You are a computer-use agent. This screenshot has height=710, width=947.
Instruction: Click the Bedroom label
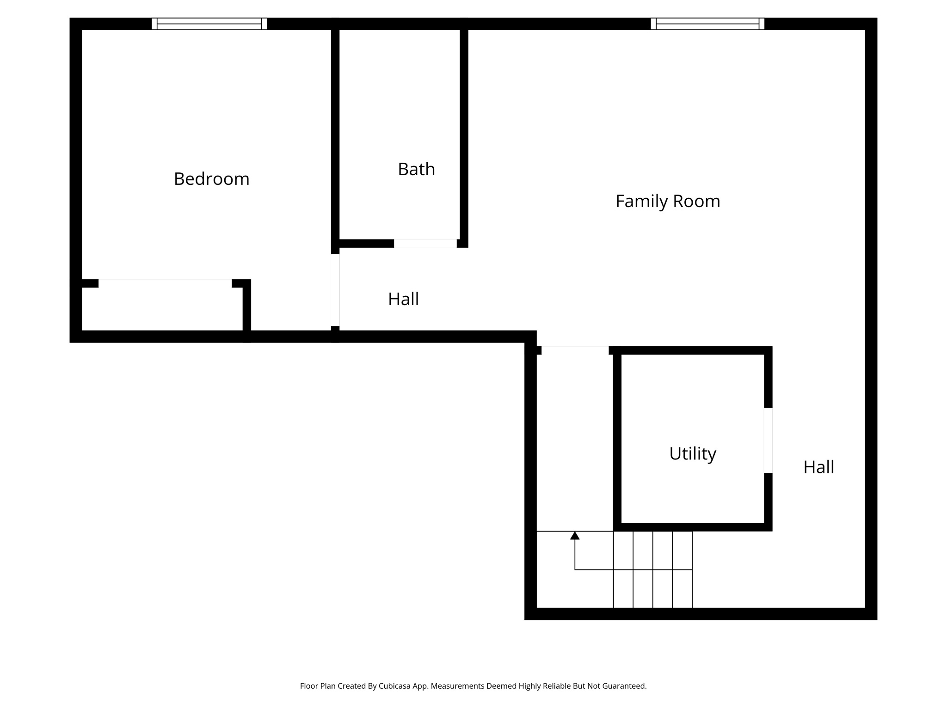pyautogui.click(x=211, y=179)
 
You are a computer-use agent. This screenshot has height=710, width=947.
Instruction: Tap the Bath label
pyautogui.click(x=416, y=169)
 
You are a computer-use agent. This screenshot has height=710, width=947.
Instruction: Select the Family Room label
pyautogui.click(x=667, y=201)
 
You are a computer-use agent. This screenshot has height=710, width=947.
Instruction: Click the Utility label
pyautogui.click(x=692, y=453)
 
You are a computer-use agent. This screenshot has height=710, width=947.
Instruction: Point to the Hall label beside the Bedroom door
pyautogui.click(x=403, y=299)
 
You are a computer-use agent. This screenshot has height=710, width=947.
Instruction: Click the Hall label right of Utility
pyautogui.click(x=818, y=467)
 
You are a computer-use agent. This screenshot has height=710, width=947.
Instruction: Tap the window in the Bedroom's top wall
pyautogui.click(x=209, y=24)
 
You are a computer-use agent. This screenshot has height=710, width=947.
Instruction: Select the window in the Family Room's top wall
pyautogui.click(x=707, y=24)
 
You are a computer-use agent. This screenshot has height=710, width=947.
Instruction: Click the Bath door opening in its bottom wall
pyautogui.click(x=425, y=244)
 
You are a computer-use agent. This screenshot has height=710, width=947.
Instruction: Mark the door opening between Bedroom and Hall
pyautogui.click(x=335, y=290)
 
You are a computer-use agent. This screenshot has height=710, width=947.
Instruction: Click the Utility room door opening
pyautogui.click(x=768, y=440)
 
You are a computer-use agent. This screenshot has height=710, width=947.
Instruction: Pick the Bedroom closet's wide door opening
pyautogui.click(x=165, y=283)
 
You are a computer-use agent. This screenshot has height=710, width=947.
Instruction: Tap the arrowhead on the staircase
pyautogui.click(x=575, y=536)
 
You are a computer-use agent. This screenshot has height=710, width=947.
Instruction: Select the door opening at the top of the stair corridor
pyautogui.click(x=575, y=350)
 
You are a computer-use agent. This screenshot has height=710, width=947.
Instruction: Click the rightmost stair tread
pyautogui.click(x=682, y=569)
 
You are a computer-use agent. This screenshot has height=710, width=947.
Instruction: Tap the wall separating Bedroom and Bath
pyautogui.click(x=335, y=134)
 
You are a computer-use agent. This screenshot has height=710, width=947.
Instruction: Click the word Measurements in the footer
pyautogui.click(x=456, y=686)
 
